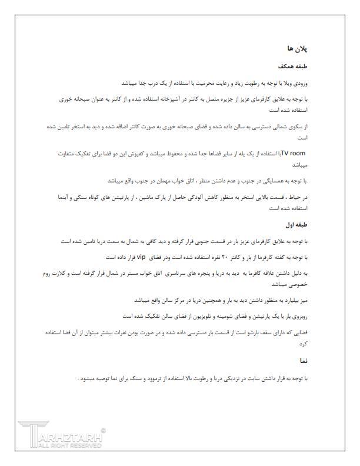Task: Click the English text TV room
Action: coord(294,153)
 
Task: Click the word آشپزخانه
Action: coord(178,99)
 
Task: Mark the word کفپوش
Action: coord(124,153)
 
